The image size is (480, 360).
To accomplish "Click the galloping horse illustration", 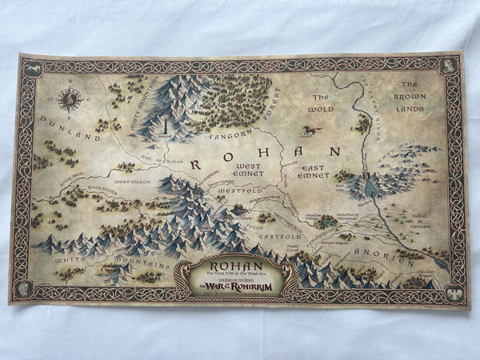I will (309, 130).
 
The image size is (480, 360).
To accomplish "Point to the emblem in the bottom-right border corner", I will (453, 290).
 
